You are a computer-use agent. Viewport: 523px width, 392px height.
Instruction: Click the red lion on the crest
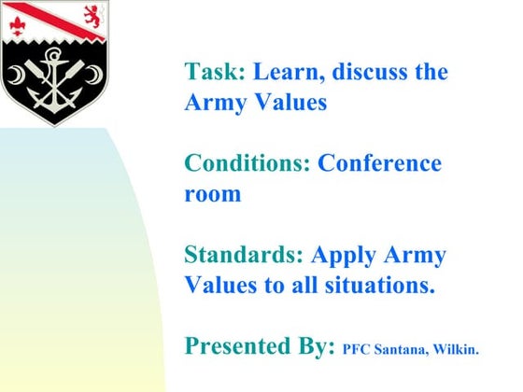tap(92, 16)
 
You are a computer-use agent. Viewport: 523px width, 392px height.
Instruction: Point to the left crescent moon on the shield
tap(18, 74)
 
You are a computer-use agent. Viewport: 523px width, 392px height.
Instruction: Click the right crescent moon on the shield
tap(96, 74)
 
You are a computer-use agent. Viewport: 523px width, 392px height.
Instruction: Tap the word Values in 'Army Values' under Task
tap(288, 103)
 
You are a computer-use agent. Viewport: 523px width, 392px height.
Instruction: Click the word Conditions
tap(247, 163)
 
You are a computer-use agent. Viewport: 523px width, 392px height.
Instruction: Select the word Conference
tap(380, 163)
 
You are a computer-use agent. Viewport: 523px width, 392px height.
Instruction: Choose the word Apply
tap(344, 255)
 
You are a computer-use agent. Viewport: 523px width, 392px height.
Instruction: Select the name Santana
tap(402, 350)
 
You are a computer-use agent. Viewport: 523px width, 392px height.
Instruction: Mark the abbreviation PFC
tap(358, 350)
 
